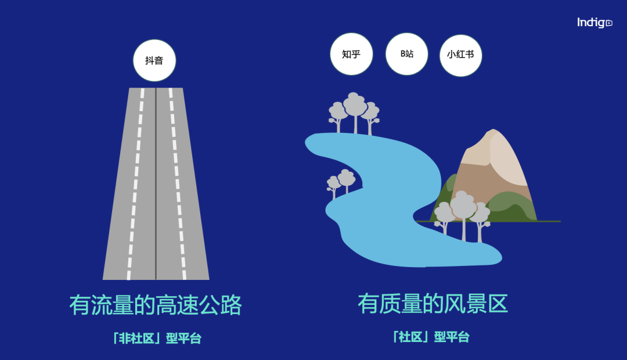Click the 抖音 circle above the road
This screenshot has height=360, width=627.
(x=154, y=60)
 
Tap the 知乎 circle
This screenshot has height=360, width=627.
(x=351, y=54)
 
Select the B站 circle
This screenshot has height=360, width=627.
(x=407, y=54)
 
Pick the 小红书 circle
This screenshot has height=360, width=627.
(x=460, y=55)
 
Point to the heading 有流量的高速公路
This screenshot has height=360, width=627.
(x=155, y=305)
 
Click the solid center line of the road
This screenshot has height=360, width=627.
(x=156, y=186)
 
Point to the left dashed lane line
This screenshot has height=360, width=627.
(x=135, y=186)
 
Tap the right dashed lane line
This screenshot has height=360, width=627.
(x=176, y=186)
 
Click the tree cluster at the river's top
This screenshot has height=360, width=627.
(x=354, y=111)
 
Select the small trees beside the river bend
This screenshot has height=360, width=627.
(x=341, y=182)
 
